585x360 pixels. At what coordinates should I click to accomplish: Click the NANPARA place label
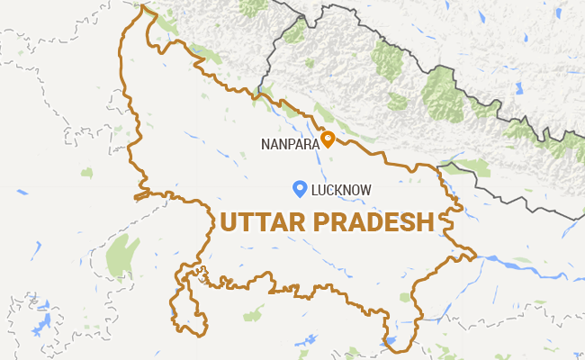[288, 141]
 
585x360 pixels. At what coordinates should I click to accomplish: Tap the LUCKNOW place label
[341, 190]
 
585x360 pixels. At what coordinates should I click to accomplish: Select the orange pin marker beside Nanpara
[328, 139]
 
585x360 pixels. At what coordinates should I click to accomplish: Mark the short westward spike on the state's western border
[137, 195]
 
